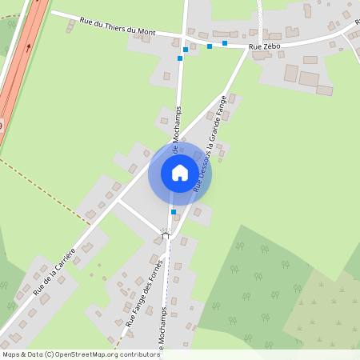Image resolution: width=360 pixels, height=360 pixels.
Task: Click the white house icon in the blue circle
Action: (x=180, y=173)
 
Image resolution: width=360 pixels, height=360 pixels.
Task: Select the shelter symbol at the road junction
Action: (x=166, y=234)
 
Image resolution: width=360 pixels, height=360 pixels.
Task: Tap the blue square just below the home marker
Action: (x=173, y=212)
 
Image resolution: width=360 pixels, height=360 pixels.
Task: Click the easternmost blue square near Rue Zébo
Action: (x=225, y=43)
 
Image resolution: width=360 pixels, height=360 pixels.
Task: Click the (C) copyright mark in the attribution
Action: (x=50, y=354)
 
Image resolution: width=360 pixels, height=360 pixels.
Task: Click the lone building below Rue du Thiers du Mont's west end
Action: (x=70, y=26)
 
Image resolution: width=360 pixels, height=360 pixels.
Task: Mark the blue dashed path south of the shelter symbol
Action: (x=168, y=272)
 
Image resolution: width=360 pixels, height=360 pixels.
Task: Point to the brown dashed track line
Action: (x=48, y=192)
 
